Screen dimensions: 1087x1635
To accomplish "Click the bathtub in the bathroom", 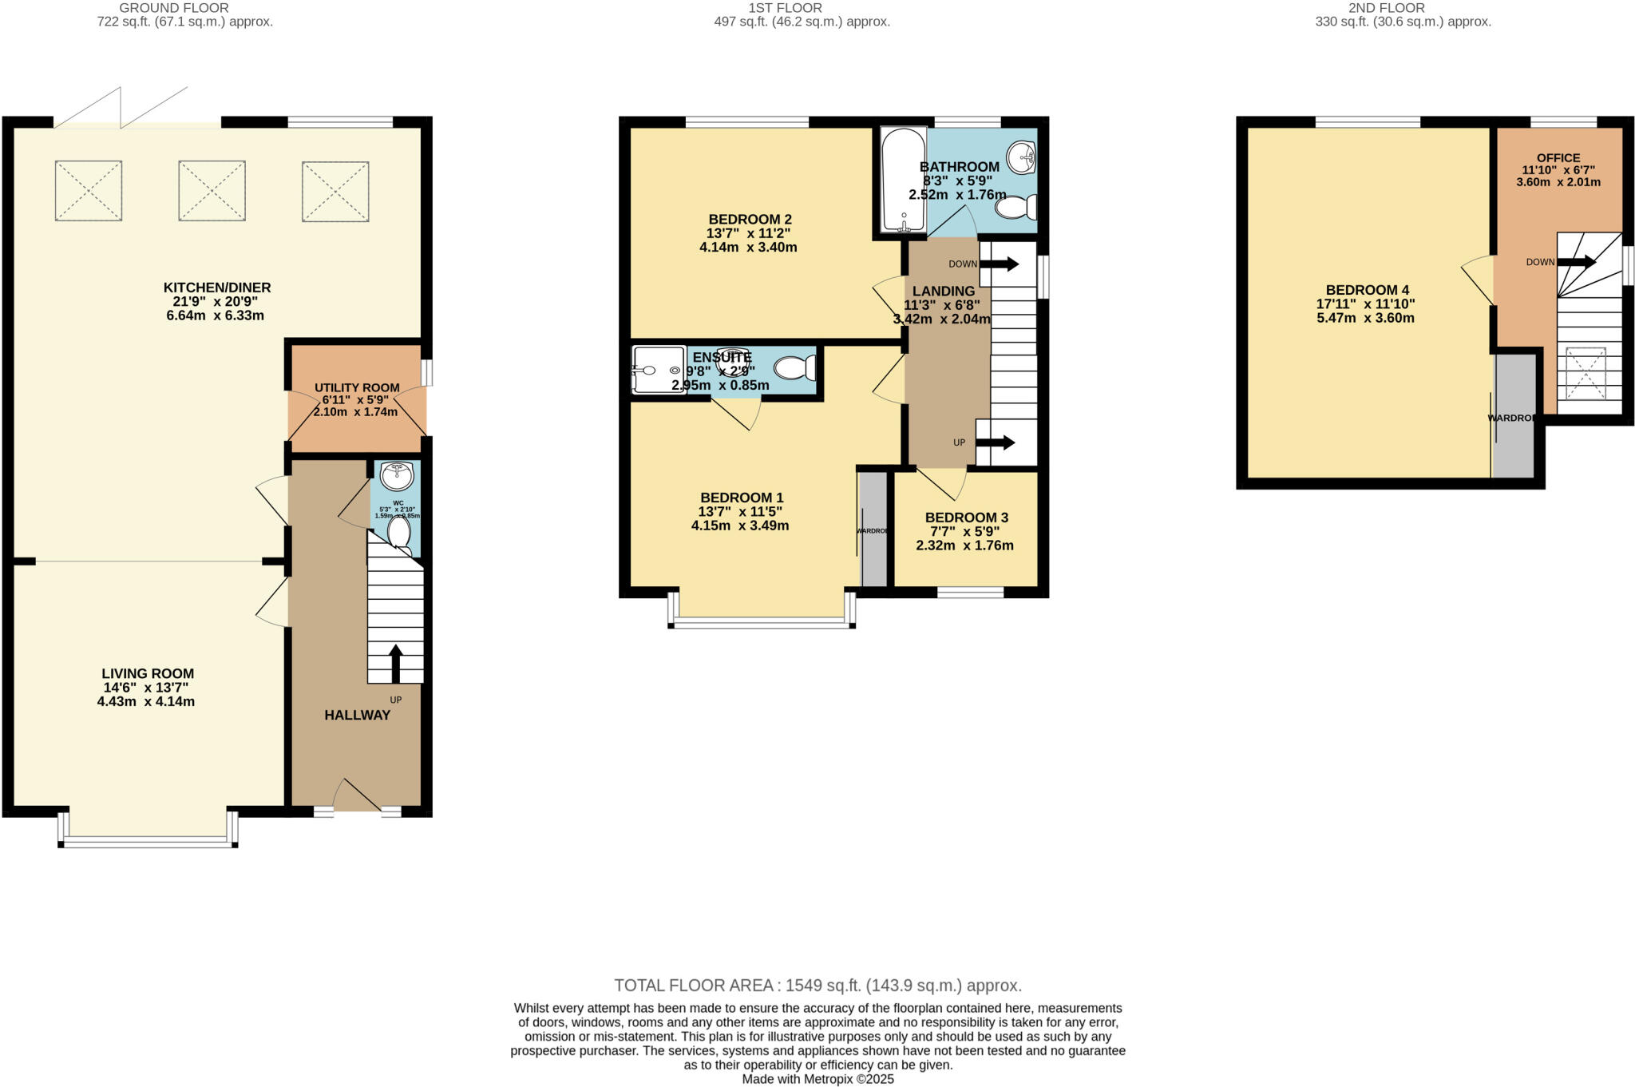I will coord(903,180).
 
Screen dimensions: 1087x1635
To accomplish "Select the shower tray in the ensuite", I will coord(659,370).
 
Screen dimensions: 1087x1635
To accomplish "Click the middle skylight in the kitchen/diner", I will coord(212,191).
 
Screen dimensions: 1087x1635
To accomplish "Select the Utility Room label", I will coord(356,388).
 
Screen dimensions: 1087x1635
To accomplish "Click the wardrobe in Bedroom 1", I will coord(873,530).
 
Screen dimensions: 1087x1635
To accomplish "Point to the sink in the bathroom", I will coord(1021,157).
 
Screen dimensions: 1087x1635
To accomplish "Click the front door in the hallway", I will coord(357,799).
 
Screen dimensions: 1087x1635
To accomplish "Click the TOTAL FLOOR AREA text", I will coord(817,986).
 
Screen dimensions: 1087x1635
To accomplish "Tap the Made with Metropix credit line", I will coord(817,1079).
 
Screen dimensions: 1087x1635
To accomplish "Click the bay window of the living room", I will coord(148,839).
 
